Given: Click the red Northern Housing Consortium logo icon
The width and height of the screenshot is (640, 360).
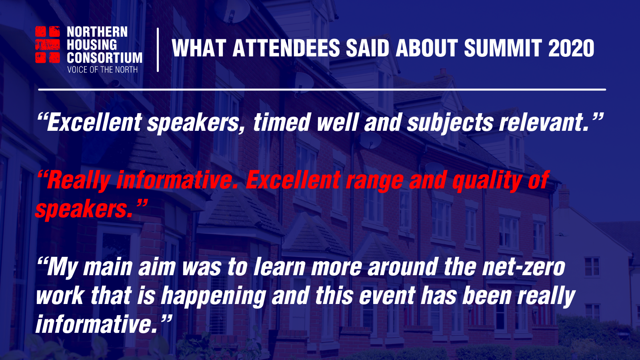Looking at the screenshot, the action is [x=48, y=44].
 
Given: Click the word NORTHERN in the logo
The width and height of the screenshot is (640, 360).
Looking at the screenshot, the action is [x=97, y=32].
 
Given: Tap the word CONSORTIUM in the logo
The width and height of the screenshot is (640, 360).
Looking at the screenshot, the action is [x=104, y=58].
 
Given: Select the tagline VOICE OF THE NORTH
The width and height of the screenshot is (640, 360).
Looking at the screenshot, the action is [x=102, y=70].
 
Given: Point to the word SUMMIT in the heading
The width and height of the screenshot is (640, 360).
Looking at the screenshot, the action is [x=503, y=48].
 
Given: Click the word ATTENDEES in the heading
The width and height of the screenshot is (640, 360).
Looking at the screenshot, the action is [x=286, y=48].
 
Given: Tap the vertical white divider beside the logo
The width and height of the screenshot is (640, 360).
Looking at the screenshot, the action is [x=158, y=50].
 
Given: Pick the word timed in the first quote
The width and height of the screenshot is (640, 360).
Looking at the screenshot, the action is [x=282, y=122].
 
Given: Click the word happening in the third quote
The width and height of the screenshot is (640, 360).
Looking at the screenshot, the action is [x=213, y=296].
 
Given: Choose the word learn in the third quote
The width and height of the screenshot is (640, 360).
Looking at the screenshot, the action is [x=280, y=266].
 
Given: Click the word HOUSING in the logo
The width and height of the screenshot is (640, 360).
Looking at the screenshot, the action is [x=92, y=45].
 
